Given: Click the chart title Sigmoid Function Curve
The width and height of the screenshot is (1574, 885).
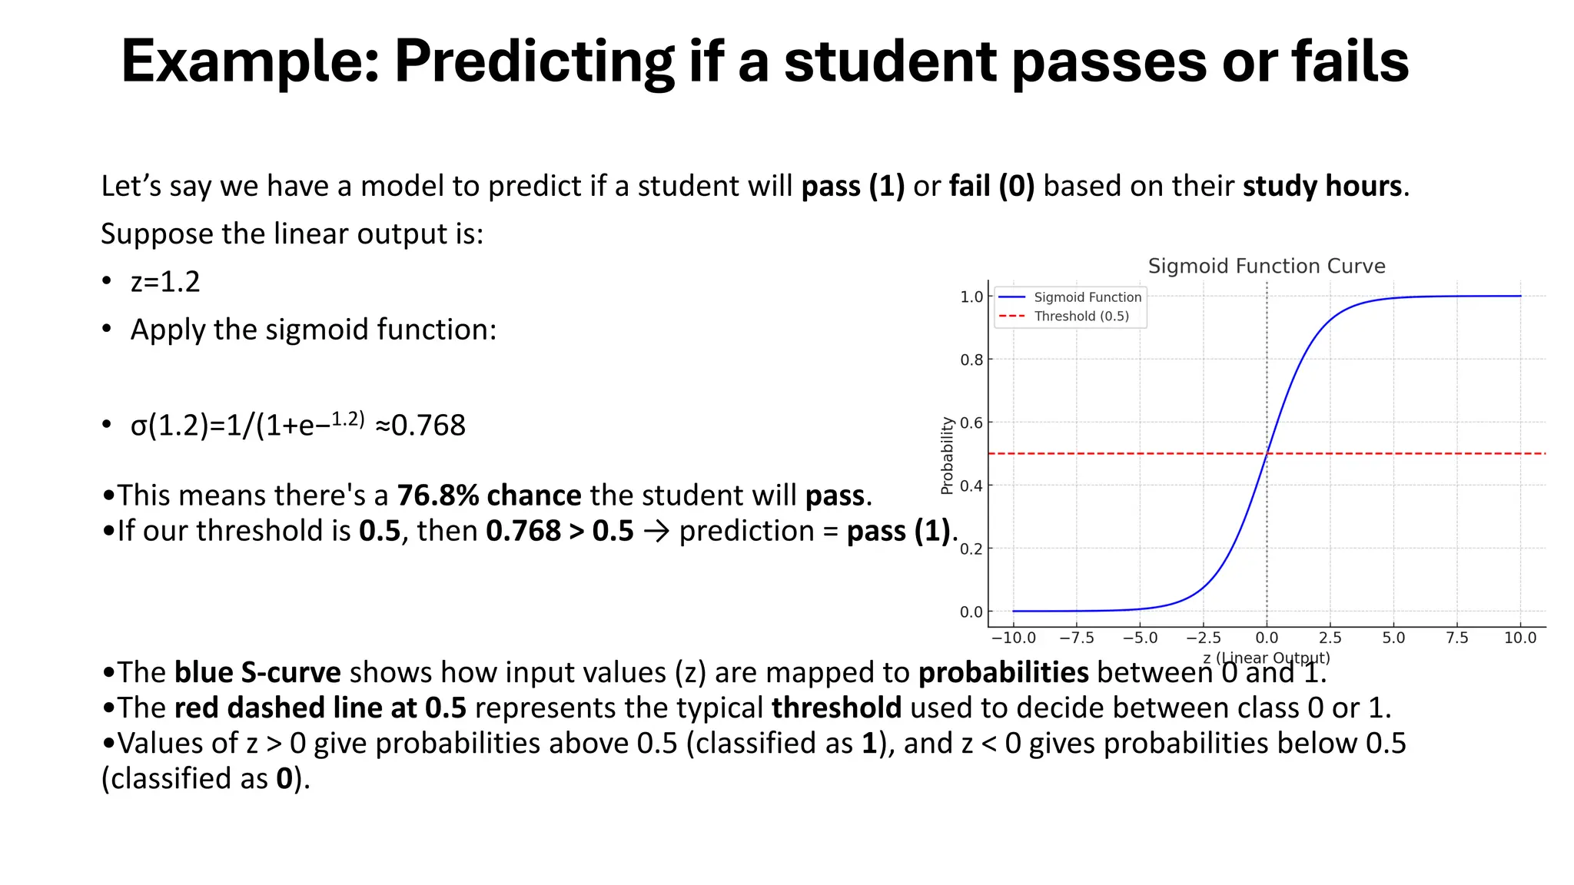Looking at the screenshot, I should pyautogui.click(x=1266, y=266).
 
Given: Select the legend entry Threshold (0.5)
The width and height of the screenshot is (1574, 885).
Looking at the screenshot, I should pyautogui.click(x=1081, y=317).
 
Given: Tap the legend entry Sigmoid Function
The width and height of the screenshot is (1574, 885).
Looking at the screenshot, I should pyautogui.click(x=1087, y=297).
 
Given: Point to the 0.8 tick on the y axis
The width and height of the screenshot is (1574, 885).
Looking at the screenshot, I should pyautogui.click(x=971, y=360).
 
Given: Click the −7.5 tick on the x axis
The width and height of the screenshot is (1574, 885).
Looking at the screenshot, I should pyautogui.click(x=1076, y=638).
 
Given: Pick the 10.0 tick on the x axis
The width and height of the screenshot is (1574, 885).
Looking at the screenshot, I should pyautogui.click(x=1519, y=638).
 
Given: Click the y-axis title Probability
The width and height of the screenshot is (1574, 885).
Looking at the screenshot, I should pyautogui.click(x=947, y=455).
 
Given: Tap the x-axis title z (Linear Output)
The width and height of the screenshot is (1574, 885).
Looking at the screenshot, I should pyautogui.click(x=1266, y=658).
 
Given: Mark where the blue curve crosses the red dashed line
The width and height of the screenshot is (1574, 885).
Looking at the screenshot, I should pyautogui.click(x=1267, y=453).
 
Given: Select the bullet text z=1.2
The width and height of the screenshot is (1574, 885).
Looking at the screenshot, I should pyautogui.click(x=165, y=282).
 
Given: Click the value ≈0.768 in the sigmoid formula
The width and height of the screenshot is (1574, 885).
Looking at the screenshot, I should pyautogui.click(x=420, y=426).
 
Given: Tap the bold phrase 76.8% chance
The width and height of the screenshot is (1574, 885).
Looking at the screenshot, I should pyautogui.click(x=489, y=496).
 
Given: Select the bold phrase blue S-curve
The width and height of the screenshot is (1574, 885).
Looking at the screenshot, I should pyautogui.click(x=257, y=672).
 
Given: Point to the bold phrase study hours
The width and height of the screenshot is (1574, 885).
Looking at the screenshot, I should pyautogui.click(x=1322, y=186).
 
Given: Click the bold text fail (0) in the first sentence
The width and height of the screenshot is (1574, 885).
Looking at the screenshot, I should pyautogui.click(x=991, y=186).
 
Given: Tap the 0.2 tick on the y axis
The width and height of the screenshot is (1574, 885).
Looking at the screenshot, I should pyautogui.click(x=971, y=549).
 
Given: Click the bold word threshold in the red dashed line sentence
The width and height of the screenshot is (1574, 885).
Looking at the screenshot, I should pyautogui.click(x=836, y=708).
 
